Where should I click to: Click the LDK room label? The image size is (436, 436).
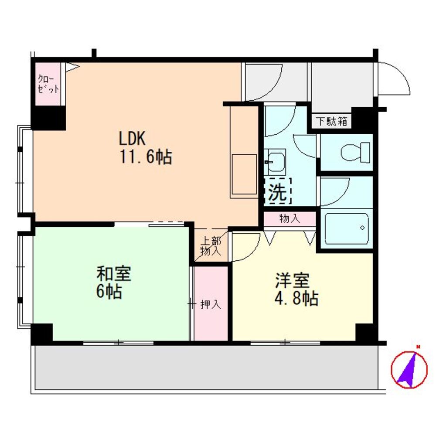point(133,138)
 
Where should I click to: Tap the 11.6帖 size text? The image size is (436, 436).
point(146,157)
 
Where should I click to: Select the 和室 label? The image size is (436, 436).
point(114,274)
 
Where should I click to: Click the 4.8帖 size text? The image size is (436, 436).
point(296,299)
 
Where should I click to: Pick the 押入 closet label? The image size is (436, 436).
point(211,305)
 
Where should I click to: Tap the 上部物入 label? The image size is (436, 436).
point(211,246)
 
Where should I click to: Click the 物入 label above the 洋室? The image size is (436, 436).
point(290,218)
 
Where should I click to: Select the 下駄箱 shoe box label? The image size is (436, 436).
point(332,121)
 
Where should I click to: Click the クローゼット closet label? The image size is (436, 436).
point(48,84)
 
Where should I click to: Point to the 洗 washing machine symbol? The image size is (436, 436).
point(277,191)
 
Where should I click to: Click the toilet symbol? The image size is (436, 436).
point(355,152)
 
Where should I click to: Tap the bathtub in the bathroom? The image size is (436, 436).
point(347,228)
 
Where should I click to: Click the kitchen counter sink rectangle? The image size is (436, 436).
point(245,174)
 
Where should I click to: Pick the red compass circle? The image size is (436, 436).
point(409,370)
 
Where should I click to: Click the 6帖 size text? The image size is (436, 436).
point(109,291)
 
